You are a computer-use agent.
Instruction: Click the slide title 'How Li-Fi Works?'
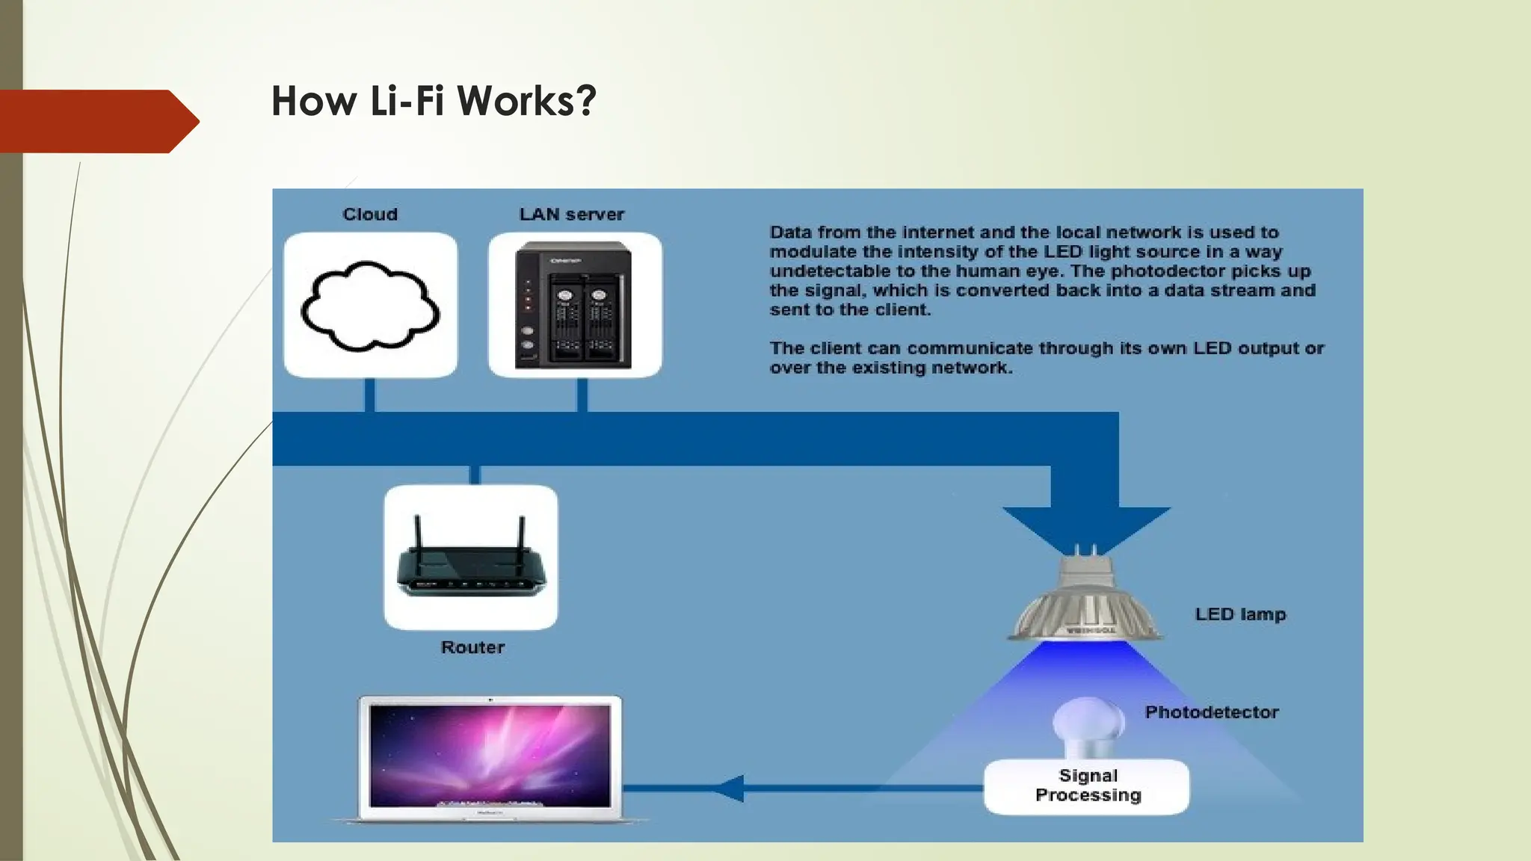pyautogui.click(x=434, y=101)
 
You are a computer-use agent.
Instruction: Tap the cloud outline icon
pyautogui.click(x=370, y=306)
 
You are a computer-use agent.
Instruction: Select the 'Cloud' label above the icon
pyautogui.click(x=370, y=215)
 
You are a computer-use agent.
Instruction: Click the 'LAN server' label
pyautogui.click(x=572, y=215)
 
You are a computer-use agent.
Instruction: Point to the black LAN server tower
pyautogui.click(x=573, y=305)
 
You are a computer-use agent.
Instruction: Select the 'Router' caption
pyautogui.click(x=472, y=647)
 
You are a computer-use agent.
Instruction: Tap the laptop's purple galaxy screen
pyautogui.click(x=490, y=755)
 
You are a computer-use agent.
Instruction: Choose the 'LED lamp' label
pyautogui.click(x=1240, y=614)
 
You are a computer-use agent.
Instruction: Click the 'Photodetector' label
pyautogui.click(x=1212, y=712)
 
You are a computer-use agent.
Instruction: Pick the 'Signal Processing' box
pyautogui.click(x=1087, y=786)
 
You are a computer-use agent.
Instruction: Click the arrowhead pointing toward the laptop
pyautogui.click(x=729, y=788)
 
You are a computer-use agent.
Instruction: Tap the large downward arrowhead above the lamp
pyautogui.click(x=1085, y=527)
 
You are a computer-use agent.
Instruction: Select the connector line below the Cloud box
pyautogui.click(x=369, y=395)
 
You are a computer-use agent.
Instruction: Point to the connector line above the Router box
pyautogui.click(x=475, y=475)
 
